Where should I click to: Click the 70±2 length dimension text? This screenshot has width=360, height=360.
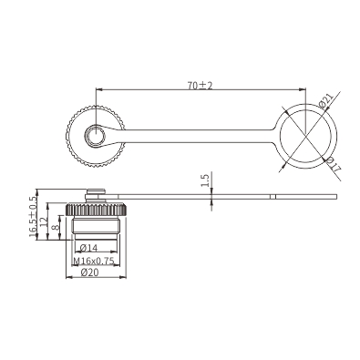(x=200, y=86)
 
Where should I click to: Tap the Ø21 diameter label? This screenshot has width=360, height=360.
(x=327, y=100)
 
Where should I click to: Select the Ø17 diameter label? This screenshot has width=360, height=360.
(x=333, y=165)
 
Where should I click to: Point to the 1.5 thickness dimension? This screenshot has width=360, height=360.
(x=206, y=180)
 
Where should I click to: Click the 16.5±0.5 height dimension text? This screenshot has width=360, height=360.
(x=33, y=216)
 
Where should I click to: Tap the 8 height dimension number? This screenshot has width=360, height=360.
(x=56, y=228)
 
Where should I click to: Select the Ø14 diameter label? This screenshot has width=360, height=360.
(x=88, y=248)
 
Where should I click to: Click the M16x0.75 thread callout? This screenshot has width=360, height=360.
(x=94, y=261)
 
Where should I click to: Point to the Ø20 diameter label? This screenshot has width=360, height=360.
(x=90, y=273)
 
